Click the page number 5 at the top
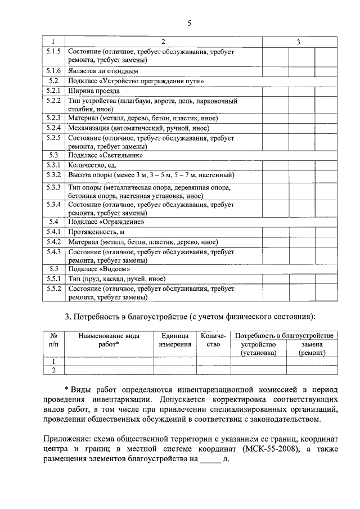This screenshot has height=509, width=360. pos(190,23)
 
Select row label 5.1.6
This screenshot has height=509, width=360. pos(53,71)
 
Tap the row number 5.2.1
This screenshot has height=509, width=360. pos(53,91)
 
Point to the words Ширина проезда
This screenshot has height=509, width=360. pos(93,91)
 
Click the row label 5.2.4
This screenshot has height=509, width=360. pos(53,128)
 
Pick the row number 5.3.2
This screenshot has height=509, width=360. pos(53,175)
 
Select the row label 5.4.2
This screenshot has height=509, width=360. pos(53,241)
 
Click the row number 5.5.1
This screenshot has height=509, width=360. pos(53,279)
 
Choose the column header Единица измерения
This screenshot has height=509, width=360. pos(174,340)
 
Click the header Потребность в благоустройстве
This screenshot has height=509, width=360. pos(285,335)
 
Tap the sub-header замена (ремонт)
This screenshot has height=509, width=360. pos(312,348)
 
